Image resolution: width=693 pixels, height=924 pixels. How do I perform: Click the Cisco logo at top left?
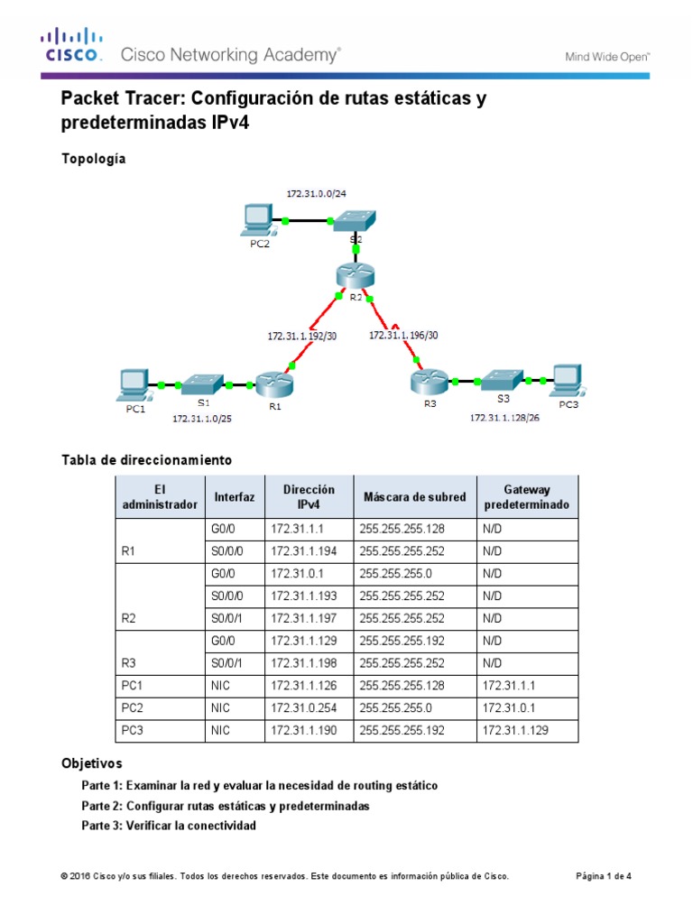pos(72,45)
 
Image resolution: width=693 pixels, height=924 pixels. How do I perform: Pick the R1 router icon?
pos(271,384)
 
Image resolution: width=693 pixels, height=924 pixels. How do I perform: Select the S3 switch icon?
pos(502,380)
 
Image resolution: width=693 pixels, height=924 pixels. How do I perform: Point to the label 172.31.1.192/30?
pos(301,335)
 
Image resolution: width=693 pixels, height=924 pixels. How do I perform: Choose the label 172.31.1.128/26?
pos(504,418)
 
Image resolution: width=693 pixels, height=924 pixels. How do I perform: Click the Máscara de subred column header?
pos(414,497)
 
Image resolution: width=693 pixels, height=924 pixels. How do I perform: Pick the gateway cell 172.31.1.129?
pos(516,731)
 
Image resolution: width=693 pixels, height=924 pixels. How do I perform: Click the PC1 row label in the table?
pos(133,686)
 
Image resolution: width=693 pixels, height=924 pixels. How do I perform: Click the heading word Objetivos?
pos(91,762)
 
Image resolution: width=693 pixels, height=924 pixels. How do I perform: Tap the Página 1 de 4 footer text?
pos(604,876)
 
